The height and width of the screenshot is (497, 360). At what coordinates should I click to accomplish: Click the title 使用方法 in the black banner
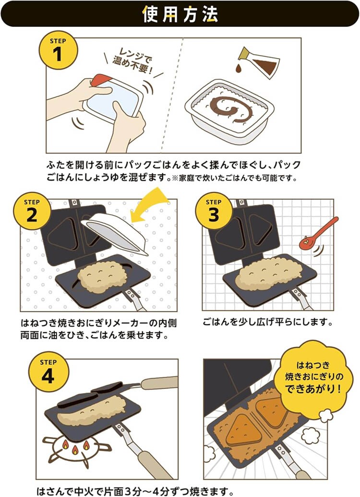pos(180,14)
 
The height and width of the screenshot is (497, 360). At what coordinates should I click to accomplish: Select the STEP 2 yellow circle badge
pos(32,211)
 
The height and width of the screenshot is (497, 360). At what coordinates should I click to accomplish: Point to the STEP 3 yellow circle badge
pos(214,211)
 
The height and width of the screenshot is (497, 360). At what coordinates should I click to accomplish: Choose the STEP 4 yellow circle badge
pos(48,372)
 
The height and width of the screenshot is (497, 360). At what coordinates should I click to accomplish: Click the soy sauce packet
pos(259,62)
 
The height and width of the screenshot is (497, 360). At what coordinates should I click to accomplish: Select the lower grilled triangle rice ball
pos(242,431)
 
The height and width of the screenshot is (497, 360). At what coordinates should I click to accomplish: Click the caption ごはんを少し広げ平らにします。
pos(268,322)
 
